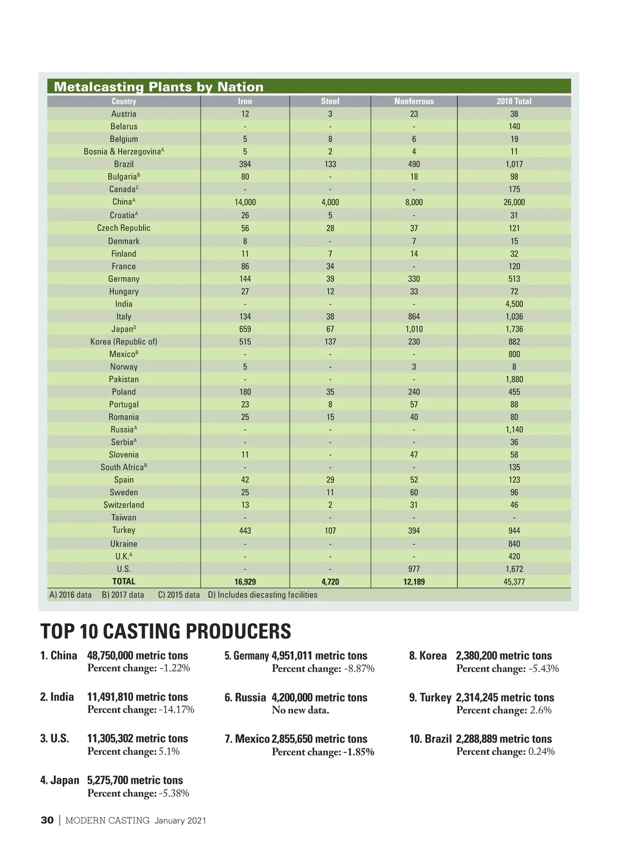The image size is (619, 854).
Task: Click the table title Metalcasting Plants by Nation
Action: pyautogui.click(x=158, y=87)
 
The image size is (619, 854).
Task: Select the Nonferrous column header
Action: pyautogui.click(x=414, y=102)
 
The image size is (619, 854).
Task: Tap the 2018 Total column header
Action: pyautogui.click(x=514, y=102)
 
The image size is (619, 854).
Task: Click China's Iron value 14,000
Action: pyautogui.click(x=245, y=202)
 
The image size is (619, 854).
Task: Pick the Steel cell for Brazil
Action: pyautogui.click(x=330, y=164)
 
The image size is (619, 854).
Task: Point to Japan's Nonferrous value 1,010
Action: pyautogui.click(x=414, y=329)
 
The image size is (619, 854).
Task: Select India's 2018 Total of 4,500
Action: pyautogui.click(x=514, y=304)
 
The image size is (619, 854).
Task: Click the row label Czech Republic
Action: pyautogui.click(x=124, y=228)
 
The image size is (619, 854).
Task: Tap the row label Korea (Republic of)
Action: pyautogui.click(x=124, y=342)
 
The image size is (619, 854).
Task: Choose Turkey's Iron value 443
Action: pyautogui.click(x=245, y=530)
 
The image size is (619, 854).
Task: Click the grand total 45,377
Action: pyautogui.click(x=514, y=582)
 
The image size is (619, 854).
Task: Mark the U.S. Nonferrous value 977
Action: pyautogui.click(x=414, y=569)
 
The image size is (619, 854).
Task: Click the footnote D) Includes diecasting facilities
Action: pyautogui.click(x=263, y=595)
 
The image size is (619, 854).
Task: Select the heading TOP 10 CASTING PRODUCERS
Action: pyautogui.click(x=166, y=631)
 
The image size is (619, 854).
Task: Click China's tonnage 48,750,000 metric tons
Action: pyautogui.click(x=137, y=656)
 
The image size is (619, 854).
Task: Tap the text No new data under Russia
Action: pyautogui.click(x=300, y=710)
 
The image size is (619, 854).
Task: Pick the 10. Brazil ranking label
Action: pyautogui.click(x=430, y=739)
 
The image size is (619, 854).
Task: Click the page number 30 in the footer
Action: pyautogui.click(x=47, y=820)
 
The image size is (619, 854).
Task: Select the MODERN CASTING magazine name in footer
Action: pyautogui.click(x=107, y=820)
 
